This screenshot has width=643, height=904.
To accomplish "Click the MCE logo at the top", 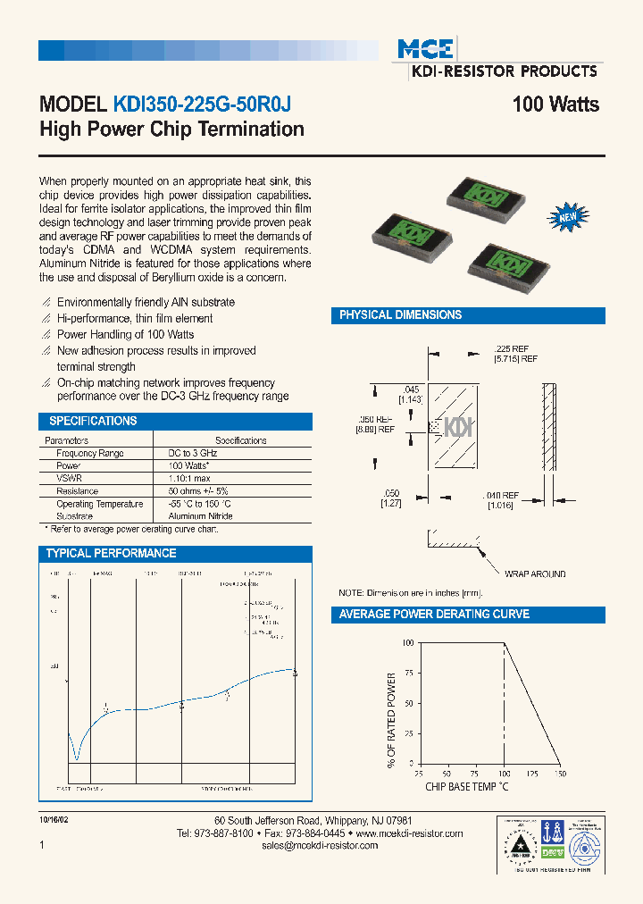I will point(426,48).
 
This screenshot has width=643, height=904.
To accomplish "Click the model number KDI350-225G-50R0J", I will point(201,105).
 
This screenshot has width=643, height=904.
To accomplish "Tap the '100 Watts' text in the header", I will point(555,105).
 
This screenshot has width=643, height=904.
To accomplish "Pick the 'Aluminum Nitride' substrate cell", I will point(201,516).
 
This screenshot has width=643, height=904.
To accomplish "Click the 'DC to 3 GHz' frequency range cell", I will point(193,454).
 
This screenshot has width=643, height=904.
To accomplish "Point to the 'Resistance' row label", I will point(77,491).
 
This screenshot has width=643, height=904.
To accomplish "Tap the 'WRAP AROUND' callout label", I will point(535,574).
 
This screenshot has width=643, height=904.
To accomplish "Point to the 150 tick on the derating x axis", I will point(560,774).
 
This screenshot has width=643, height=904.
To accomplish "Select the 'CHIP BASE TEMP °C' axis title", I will point(467,787).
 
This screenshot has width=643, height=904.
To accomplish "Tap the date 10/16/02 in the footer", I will point(53,819).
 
